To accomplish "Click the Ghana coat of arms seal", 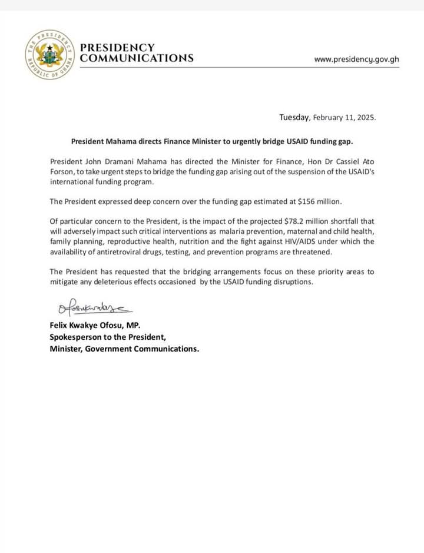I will pos(49,54).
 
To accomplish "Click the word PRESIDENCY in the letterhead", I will pos(117,47).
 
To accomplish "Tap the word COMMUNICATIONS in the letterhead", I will pos(137,58).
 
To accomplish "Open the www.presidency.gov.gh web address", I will pos(357,59).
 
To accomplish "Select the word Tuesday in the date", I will pos(294,117).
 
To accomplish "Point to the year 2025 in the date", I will pos(365,117).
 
